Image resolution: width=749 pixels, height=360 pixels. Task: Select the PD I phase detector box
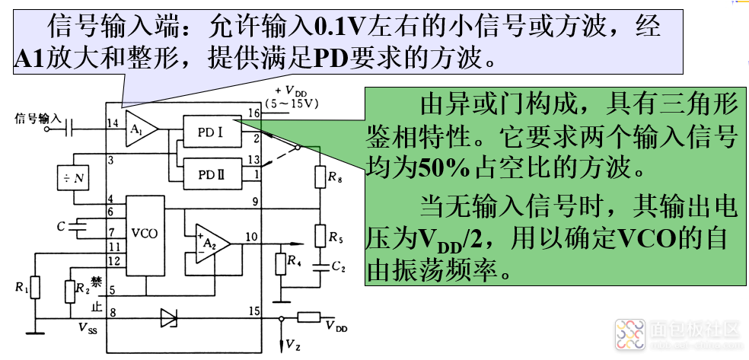pyautogui.click(x=209, y=132)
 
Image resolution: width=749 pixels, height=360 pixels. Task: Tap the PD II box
pyautogui.click(x=209, y=174)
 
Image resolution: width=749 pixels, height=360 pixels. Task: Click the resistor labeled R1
pyautogui.click(x=34, y=288)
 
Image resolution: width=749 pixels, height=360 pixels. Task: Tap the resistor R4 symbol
pyautogui.click(x=281, y=263)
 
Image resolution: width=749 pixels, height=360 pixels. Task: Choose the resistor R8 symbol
pyautogui.click(x=320, y=177)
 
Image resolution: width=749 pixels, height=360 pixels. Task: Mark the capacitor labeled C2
pyautogui.click(x=320, y=266)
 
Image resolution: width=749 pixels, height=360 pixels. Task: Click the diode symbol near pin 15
pyautogui.click(x=168, y=317)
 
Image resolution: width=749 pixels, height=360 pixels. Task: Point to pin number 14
pyautogui.click(x=113, y=123)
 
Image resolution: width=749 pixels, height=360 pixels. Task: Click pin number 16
pyautogui.click(x=253, y=113)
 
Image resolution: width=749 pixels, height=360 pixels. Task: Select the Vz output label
pyautogui.click(x=292, y=345)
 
